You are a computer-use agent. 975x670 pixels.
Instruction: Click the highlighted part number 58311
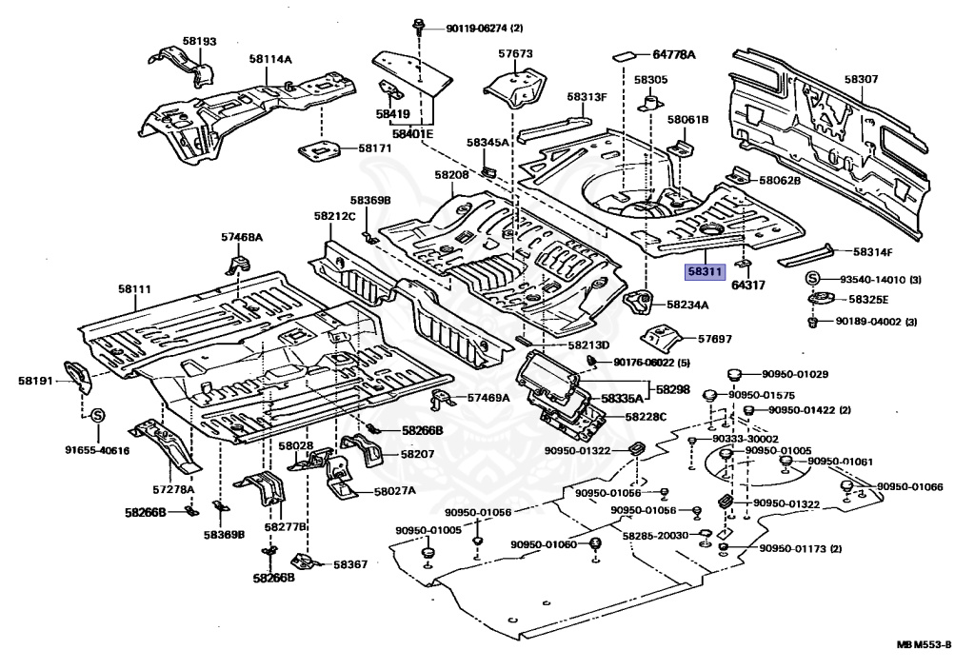click(705, 272)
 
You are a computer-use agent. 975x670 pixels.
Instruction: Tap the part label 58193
click(200, 42)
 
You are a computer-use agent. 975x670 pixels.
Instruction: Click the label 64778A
click(673, 55)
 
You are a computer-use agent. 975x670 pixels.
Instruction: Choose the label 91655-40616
click(97, 450)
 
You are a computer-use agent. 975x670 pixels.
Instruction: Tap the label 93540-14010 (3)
click(879, 279)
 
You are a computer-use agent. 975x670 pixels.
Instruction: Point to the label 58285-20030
click(655, 536)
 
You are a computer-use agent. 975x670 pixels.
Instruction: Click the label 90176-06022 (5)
click(651, 363)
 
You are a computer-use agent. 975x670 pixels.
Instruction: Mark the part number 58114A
click(270, 59)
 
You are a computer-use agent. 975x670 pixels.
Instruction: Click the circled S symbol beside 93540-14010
click(815, 278)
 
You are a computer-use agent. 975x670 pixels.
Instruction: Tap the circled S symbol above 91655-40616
click(97, 415)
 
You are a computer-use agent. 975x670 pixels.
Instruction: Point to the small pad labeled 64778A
click(624, 53)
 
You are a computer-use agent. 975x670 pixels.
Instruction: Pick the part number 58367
click(349, 564)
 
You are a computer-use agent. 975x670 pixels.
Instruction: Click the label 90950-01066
click(909, 486)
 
